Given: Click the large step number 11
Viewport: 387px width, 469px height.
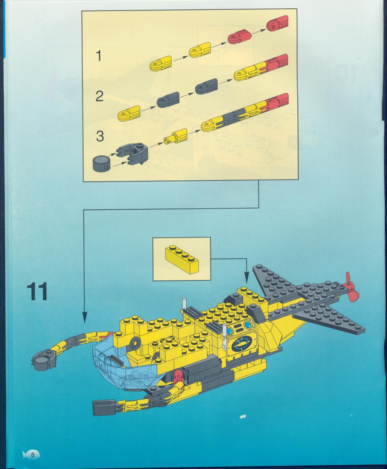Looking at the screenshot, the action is pos(37,291).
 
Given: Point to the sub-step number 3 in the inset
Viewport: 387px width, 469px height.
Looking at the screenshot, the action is pos(100,136).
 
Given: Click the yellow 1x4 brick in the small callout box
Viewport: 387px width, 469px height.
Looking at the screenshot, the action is pos(182,260).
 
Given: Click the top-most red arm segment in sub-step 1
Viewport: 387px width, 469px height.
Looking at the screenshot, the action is pos(277,24).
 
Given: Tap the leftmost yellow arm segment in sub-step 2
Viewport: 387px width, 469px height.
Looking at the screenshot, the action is pos(129,113).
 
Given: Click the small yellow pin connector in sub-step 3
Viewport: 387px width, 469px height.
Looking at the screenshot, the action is pos(175,136).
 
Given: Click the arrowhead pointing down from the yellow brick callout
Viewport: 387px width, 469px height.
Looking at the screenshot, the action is pos(247,278).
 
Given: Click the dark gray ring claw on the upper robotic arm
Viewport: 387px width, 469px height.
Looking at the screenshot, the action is pos(44,361).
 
